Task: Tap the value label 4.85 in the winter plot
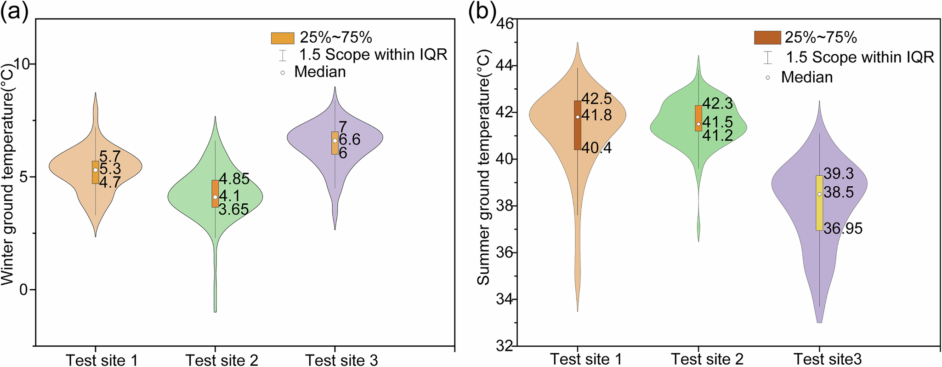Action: click(234, 179)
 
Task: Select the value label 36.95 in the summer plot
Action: click(843, 228)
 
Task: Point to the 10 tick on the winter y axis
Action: click(23, 64)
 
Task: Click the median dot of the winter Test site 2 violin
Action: click(215, 197)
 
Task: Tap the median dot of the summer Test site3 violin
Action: click(819, 194)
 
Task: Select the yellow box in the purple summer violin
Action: click(819, 212)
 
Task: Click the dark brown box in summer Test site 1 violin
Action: click(578, 133)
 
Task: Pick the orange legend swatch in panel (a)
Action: click(282, 38)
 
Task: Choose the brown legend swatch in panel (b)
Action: click(767, 37)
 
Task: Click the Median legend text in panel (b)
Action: click(807, 77)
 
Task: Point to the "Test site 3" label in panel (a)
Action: click(341, 360)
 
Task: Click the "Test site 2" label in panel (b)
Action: click(707, 359)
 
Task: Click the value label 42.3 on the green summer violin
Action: click(717, 103)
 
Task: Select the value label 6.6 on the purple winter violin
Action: click(349, 139)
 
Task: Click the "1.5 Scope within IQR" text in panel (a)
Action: click(373, 55)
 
